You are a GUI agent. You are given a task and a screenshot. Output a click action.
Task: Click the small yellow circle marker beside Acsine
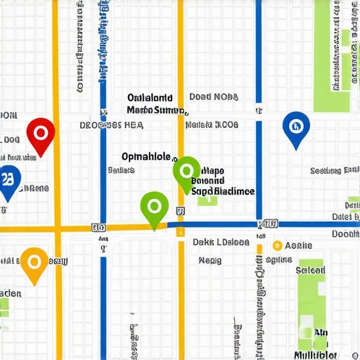(x=277, y=246)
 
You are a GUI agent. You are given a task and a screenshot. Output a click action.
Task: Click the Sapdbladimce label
(x=224, y=191)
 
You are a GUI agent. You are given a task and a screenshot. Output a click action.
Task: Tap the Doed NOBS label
(x=214, y=97)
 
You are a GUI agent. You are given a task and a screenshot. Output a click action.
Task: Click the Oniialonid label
(x=150, y=98)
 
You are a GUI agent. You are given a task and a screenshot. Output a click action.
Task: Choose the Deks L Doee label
(x=221, y=242)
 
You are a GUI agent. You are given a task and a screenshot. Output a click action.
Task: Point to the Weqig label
(x=210, y=260)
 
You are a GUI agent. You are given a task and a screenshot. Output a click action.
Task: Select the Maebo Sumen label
(x=155, y=110)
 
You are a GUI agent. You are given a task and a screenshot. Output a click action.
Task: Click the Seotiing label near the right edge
(x=335, y=170)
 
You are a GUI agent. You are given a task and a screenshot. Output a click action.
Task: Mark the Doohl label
(x=345, y=234)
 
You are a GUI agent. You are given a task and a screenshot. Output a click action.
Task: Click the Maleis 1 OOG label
(x=212, y=125)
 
